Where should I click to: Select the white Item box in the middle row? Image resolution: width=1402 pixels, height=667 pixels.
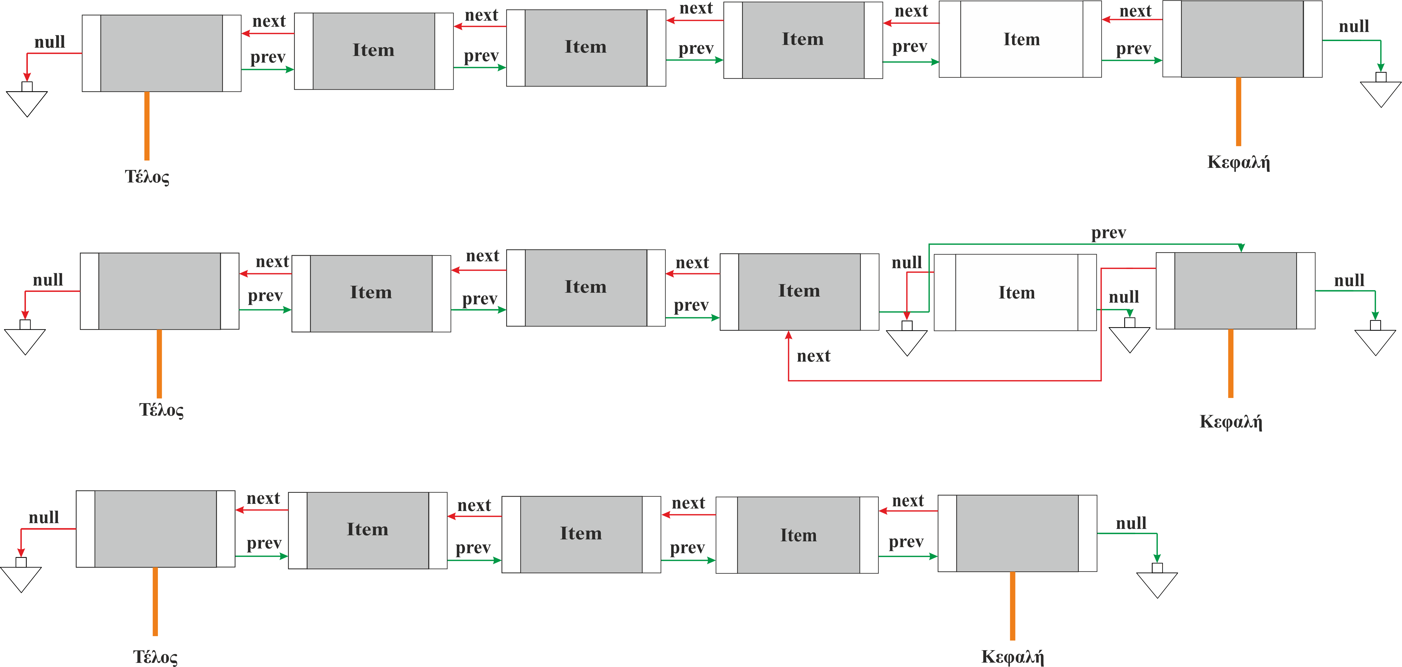(1016, 292)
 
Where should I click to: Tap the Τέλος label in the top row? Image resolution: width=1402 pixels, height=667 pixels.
(147, 177)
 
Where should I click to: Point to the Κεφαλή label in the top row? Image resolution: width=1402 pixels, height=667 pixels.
(1238, 162)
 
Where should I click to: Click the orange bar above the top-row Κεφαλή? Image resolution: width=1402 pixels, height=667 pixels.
(1238, 112)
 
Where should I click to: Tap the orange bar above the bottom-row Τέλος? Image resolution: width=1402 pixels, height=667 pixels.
(155, 602)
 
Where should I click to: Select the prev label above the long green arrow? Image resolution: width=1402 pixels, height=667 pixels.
(1108, 233)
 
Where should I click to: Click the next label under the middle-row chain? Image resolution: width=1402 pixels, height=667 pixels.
(814, 356)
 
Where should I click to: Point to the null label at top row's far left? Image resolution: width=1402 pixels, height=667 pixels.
(50, 42)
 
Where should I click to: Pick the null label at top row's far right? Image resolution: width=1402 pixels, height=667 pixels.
(1354, 26)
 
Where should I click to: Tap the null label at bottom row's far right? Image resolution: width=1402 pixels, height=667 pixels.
(1131, 523)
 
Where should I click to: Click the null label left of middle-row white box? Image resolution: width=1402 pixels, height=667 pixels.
(907, 263)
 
